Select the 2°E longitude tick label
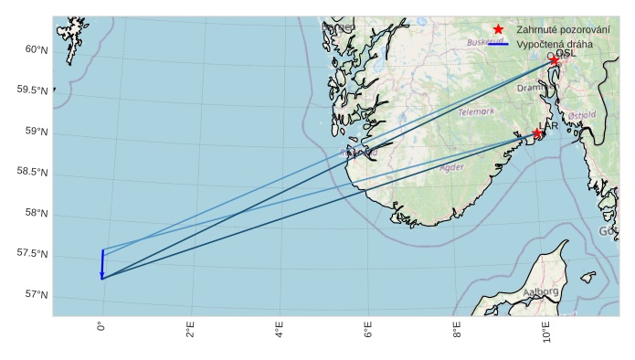click(190, 330)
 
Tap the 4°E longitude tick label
click(279, 330)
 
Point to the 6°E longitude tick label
click(367, 330)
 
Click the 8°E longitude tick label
click(456, 330)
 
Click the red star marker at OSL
click(554, 60)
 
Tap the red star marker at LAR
click(537, 133)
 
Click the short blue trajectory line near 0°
click(101, 264)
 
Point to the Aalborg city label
click(540, 291)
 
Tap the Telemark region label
click(476, 111)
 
